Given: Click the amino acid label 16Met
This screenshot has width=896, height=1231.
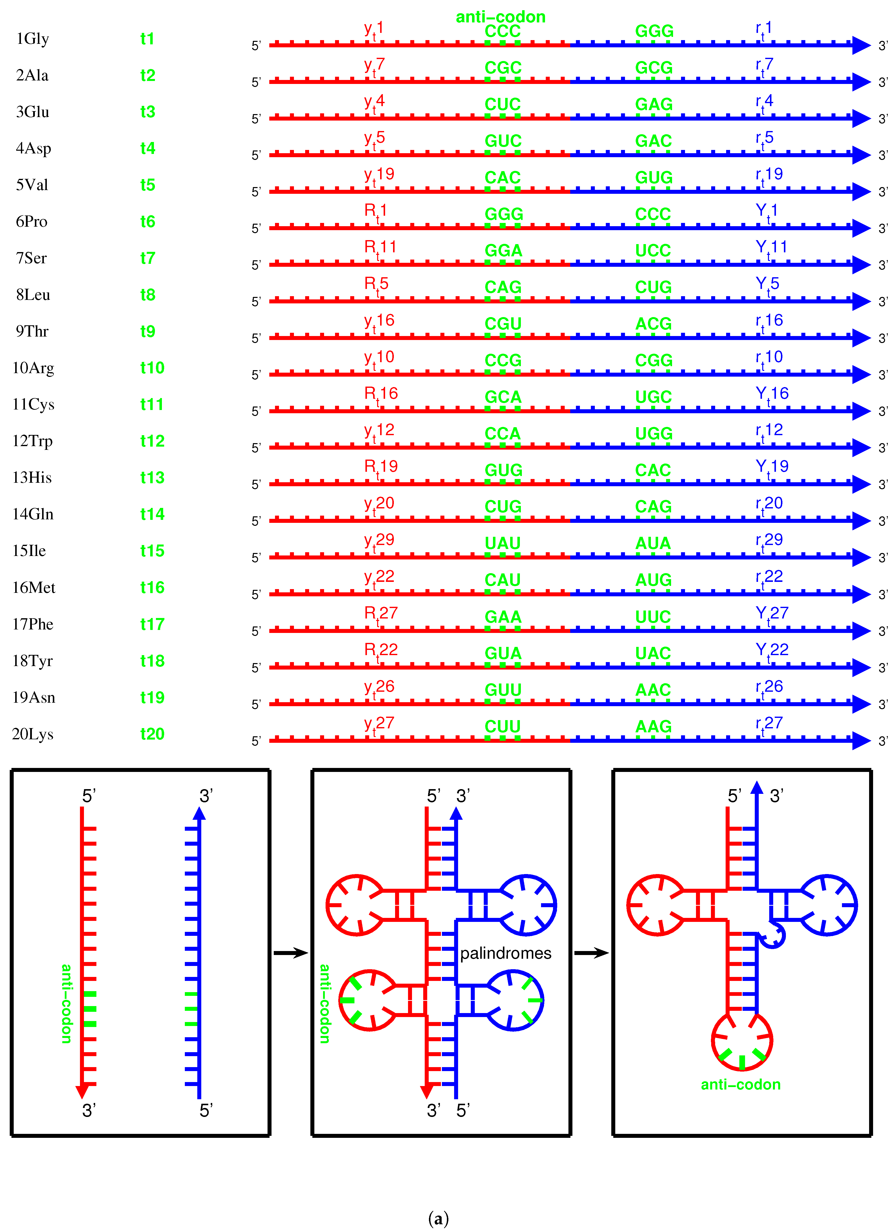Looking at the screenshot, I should click(34, 588).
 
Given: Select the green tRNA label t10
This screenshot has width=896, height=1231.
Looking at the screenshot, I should click(152, 368).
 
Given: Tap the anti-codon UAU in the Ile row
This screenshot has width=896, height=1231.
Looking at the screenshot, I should click(502, 543).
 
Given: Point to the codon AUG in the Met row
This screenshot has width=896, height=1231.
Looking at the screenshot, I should click(653, 580).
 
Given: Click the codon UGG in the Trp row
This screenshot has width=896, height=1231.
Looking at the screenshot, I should click(653, 434).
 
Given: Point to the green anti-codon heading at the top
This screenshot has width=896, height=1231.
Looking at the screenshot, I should click(500, 17).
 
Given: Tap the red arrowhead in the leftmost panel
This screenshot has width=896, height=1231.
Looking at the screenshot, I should click(82, 1091).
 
